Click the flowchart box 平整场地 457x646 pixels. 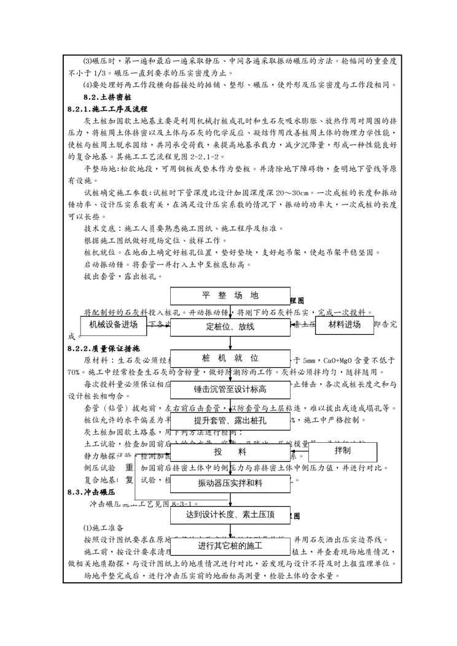(x=230, y=295)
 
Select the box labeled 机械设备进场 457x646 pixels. (x=113, y=325)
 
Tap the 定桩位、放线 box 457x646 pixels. (x=230, y=327)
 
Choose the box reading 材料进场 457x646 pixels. (x=344, y=325)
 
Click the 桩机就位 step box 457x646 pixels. (x=230, y=358)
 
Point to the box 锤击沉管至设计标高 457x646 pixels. (x=230, y=389)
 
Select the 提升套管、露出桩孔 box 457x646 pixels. (x=230, y=421)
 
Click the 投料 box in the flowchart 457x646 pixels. (x=230, y=452)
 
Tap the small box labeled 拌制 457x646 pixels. (x=342, y=451)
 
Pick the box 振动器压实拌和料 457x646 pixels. (x=230, y=483)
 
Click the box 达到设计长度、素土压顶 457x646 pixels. (x=230, y=515)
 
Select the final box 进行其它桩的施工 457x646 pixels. (x=230, y=546)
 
